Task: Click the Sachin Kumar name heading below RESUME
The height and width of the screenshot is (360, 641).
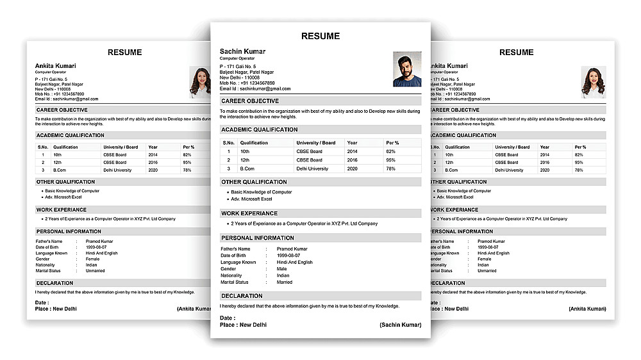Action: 242,51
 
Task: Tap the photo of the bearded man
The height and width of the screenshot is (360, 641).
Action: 407,69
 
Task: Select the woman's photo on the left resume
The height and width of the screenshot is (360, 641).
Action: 201,83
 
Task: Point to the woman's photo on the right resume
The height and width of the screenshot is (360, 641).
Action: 593,82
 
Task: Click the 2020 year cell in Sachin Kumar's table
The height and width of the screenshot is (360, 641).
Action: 352,168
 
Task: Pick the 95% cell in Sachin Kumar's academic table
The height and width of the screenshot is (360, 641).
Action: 390,160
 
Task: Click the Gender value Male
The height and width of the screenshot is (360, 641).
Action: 282,269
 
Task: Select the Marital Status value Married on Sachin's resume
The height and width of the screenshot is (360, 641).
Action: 285,282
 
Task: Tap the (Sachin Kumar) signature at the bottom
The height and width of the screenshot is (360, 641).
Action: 400,325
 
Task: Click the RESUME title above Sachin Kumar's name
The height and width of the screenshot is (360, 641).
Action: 320,36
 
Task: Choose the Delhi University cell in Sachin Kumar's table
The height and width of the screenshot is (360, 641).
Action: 312,168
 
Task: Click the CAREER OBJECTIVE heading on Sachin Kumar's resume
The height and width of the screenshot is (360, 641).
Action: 250,101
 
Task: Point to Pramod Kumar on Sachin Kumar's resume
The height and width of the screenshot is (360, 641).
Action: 292,249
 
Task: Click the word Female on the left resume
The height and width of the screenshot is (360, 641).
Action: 93,259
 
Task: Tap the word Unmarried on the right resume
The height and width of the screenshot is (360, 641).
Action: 487,270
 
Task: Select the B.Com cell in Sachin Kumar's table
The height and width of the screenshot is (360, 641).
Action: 247,168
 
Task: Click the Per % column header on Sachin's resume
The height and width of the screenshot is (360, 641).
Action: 392,143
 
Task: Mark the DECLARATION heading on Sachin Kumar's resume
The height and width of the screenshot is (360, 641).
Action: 242,296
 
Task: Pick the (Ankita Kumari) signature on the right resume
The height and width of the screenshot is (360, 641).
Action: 587,309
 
